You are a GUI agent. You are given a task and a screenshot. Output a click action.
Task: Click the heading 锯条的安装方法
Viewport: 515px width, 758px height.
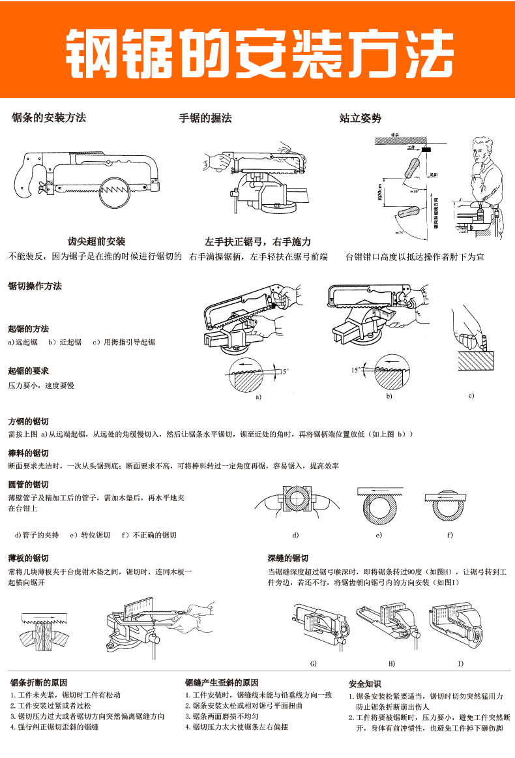coord(49,118)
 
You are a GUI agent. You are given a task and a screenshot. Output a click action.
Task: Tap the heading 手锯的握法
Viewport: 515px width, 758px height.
coord(205,118)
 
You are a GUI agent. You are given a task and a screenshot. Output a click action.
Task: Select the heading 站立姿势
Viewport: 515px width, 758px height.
coord(360,118)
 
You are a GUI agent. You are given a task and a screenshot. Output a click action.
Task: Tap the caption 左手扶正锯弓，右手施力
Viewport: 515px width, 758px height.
coord(257,241)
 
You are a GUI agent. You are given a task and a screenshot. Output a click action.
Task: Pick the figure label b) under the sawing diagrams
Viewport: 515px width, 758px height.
coord(389,396)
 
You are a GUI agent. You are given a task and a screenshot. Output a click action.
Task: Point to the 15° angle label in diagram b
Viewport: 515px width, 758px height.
coord(356,370)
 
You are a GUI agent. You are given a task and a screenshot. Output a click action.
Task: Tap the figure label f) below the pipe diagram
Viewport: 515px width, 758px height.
coord(449,535)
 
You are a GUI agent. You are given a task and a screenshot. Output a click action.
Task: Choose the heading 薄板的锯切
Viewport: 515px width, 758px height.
coord(28,558)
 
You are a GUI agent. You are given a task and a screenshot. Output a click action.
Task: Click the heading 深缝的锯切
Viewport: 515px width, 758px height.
coord(287,558)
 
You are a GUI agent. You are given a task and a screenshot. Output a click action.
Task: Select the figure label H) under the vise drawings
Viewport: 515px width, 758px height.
coord(392,663)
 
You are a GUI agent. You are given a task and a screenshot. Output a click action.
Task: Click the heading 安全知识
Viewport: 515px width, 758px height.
coord(365,684)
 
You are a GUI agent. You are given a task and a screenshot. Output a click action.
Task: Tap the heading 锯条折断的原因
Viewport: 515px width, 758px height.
coord(38,683)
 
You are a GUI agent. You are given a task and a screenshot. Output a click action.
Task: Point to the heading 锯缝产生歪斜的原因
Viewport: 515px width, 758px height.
coord(222,683)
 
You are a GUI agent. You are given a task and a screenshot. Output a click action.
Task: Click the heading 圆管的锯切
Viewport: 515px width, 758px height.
coord(28,485)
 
